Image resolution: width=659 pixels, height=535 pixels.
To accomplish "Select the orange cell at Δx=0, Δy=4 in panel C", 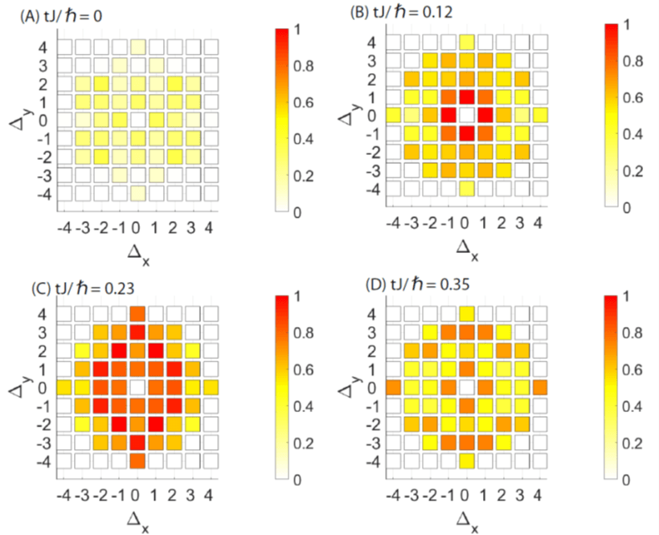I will pos(137,314).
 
